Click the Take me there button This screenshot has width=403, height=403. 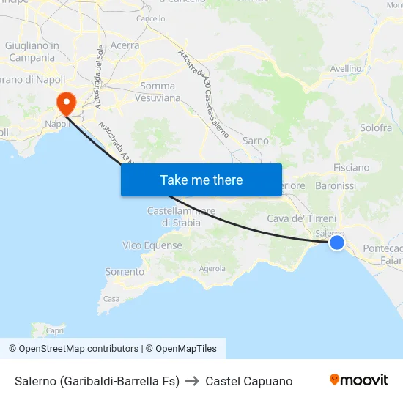pos(202,180)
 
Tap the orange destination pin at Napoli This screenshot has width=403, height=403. pos(66,102)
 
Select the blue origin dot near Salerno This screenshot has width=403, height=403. pos(336,242)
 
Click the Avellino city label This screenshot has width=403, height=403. pos(347,69)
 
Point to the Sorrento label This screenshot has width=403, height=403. pos(125,272)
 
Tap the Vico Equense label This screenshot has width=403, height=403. pos(152,245)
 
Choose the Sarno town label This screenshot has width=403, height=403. pos(256,141)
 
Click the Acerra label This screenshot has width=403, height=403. pos(125,45)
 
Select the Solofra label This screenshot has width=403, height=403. pos(376,127)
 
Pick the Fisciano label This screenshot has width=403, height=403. pos(351,167)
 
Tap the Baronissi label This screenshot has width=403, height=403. pos(336,186)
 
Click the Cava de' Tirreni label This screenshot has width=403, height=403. pos(301,218)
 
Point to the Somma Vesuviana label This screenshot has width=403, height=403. pos(160,92)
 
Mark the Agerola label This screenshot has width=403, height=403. pos(212,269)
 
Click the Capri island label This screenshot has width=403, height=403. pos(56,330)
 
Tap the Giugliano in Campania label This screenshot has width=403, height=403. pos(32,51)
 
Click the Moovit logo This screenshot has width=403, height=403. pos(358,380)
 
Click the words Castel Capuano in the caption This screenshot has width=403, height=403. pos(248,381)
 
